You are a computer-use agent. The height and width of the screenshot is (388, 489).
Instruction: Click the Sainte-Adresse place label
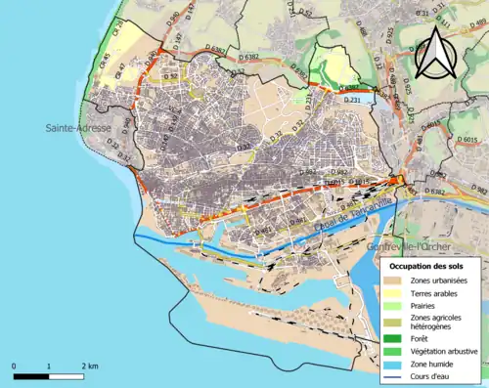coord(77,128)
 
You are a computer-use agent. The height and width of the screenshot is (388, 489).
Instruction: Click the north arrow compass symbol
coord(435,52)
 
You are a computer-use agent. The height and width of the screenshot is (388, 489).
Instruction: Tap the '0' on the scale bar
coord(15,366)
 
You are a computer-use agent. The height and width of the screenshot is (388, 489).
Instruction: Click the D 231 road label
coord(354,101)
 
